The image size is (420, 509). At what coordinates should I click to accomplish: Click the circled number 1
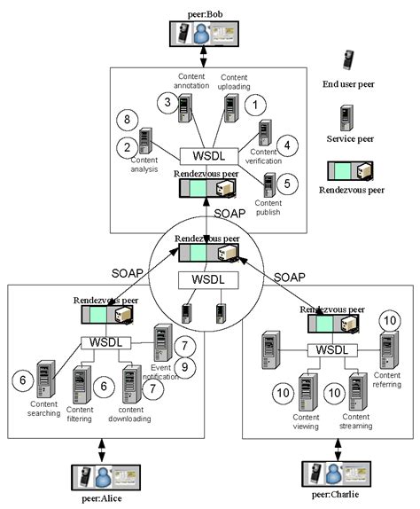tap(256, 105)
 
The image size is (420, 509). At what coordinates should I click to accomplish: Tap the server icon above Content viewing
tap(307, 389)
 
